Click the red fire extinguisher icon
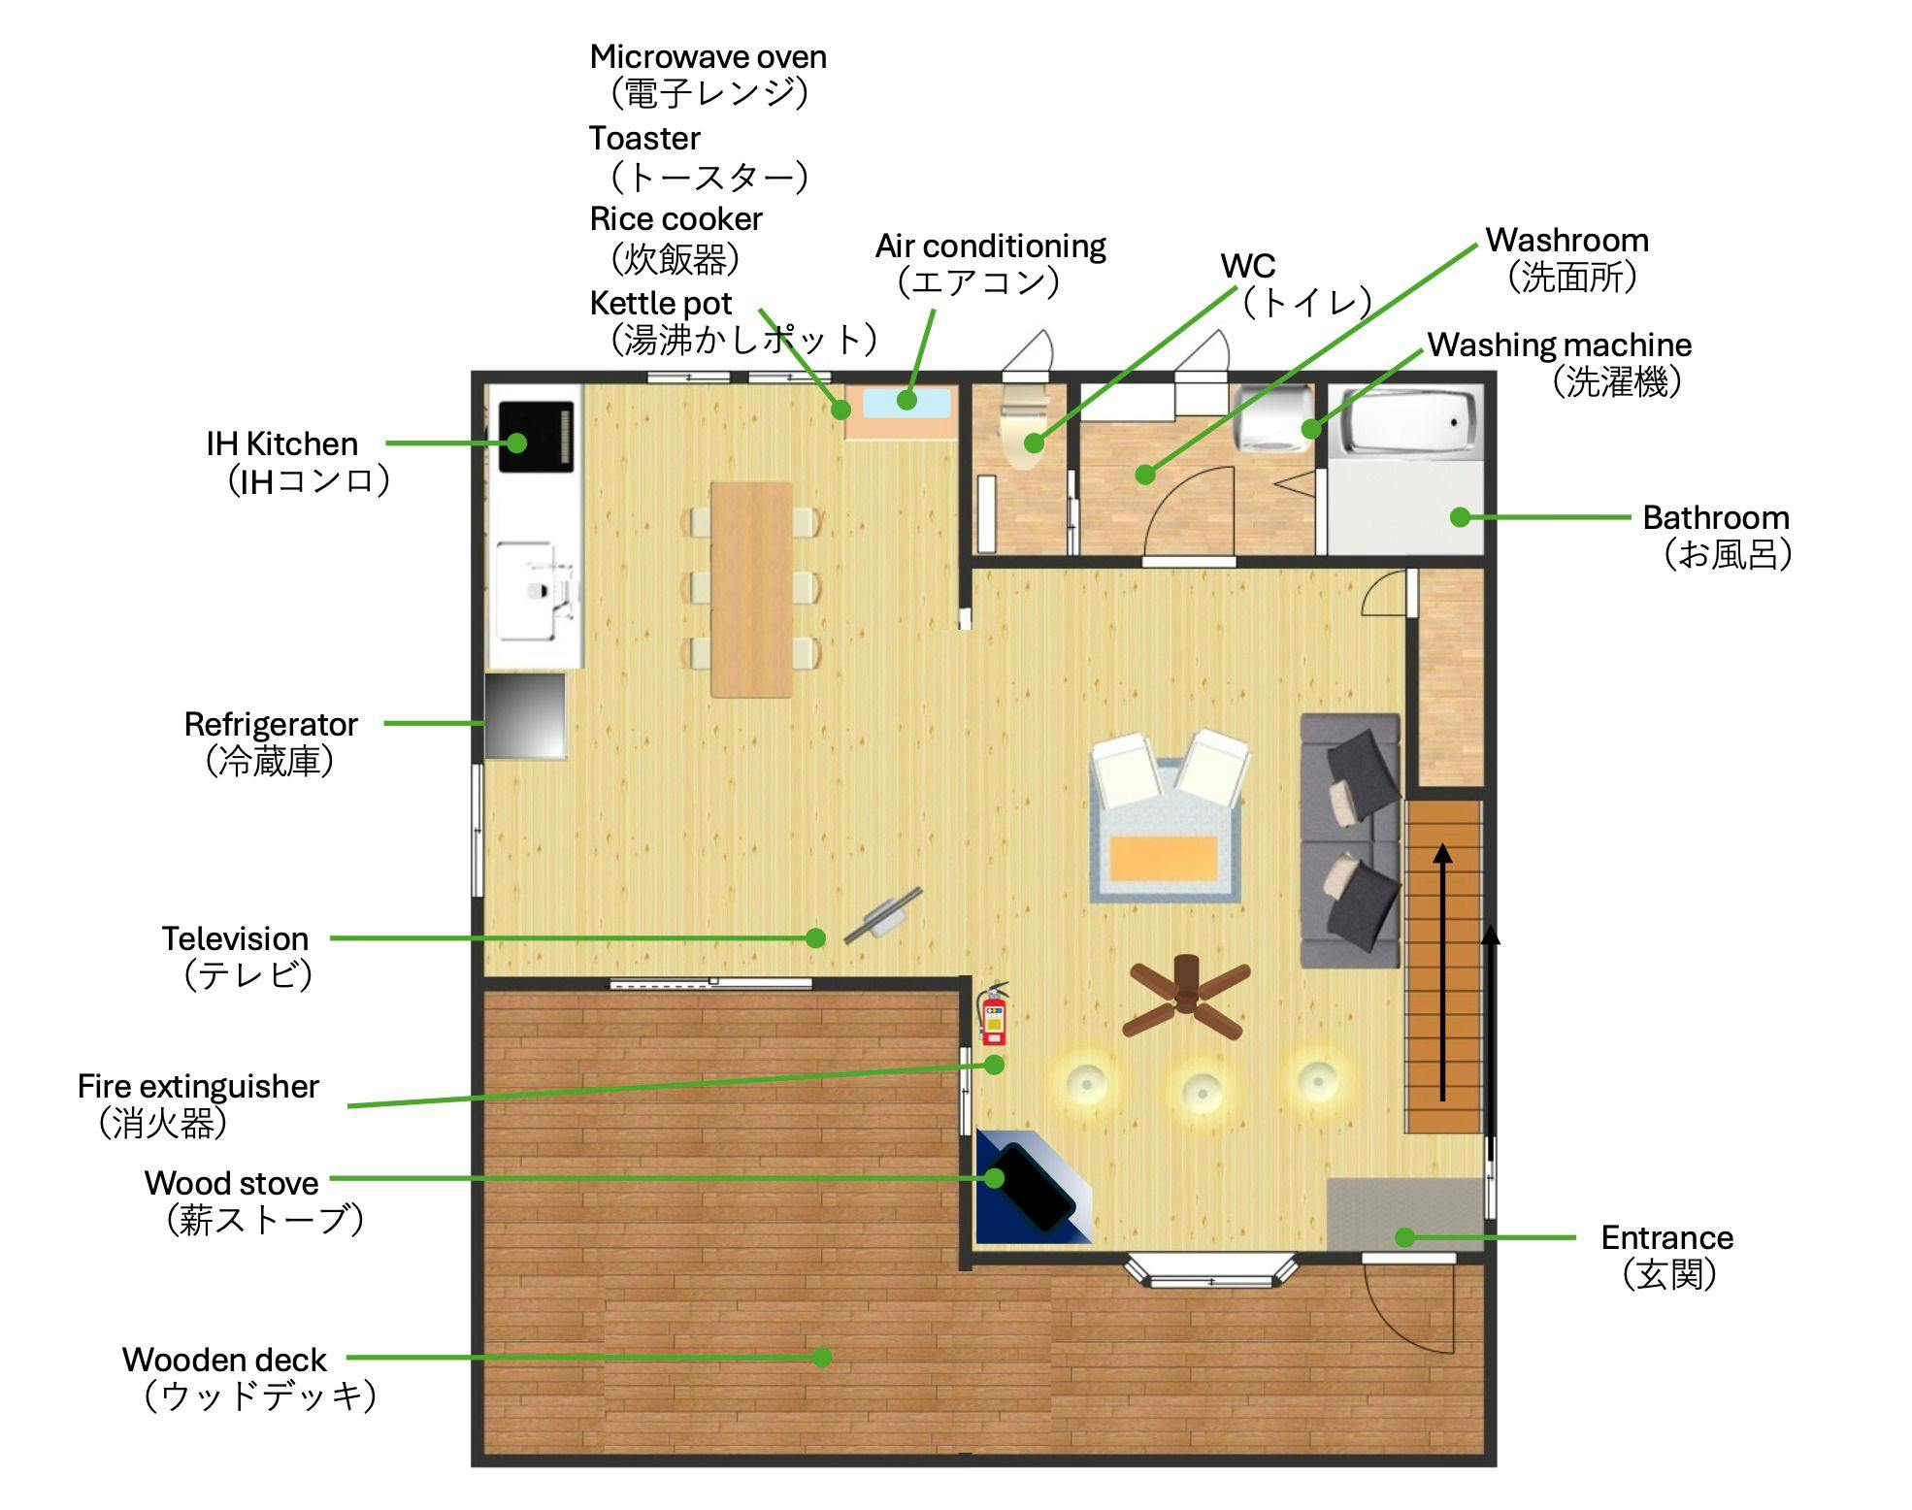(x=993, y=1013)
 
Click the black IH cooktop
(x=536, y=437)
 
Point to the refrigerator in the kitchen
(x=525, y=715)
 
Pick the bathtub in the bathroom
(x=1405, y=422)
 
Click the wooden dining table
(x=751, y=589)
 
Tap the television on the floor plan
(x=883, y=915)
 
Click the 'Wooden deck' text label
(x=224, y=1359)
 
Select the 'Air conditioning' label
(x=991, y=246)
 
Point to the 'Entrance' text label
(x=1666, y=1237)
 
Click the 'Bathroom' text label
(x=1715, y=517)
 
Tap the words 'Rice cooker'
(x=676, y=218)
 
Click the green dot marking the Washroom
(x=1145, y=475)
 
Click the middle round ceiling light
(x=1203, y=1089)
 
